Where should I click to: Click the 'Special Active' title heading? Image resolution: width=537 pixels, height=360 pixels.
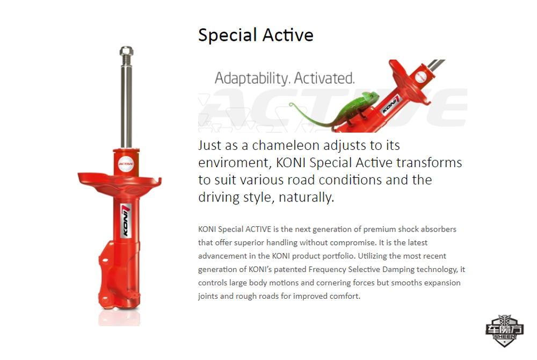click(x=256, y=35)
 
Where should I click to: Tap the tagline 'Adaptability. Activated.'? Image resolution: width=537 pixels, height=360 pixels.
click(x=285, y=78)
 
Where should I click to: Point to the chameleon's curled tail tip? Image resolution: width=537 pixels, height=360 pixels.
click(x=292, y=104)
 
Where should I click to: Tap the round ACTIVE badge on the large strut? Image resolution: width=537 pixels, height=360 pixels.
click(x=126, y=164)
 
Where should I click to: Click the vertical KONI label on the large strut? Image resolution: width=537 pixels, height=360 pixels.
click(x=126, y=221)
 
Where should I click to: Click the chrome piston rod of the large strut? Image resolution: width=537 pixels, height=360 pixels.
click(x=126, y=103)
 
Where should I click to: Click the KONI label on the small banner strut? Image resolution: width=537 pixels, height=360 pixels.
click(x=391, y=105)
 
